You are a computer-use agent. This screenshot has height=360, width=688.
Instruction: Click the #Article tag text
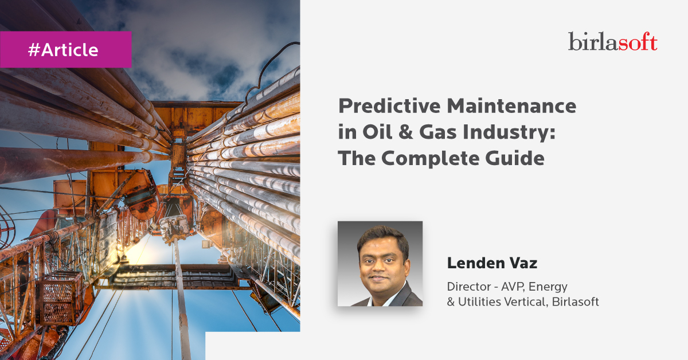click(63, 50)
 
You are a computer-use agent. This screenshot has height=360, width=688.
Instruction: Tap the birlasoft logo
click(613, 41)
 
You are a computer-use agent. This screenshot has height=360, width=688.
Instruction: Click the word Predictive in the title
click(389, 105)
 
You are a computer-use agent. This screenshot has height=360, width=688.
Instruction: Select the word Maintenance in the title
click(511, 105)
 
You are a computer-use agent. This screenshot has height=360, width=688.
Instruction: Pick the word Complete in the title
click(430, 159)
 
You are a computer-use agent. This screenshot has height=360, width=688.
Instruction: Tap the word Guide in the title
click(515, 158)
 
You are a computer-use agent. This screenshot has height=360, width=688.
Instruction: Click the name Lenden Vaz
click(492, 263)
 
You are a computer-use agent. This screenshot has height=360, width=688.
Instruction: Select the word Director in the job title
click(469, 287)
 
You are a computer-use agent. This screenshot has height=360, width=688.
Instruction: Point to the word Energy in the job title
click(548, 287)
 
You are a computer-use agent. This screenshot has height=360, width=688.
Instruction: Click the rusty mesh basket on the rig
click(61, 298)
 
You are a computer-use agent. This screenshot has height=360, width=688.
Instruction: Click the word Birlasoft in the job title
click(575, 302)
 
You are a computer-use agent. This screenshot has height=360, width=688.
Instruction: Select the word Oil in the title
click(377, 132)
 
